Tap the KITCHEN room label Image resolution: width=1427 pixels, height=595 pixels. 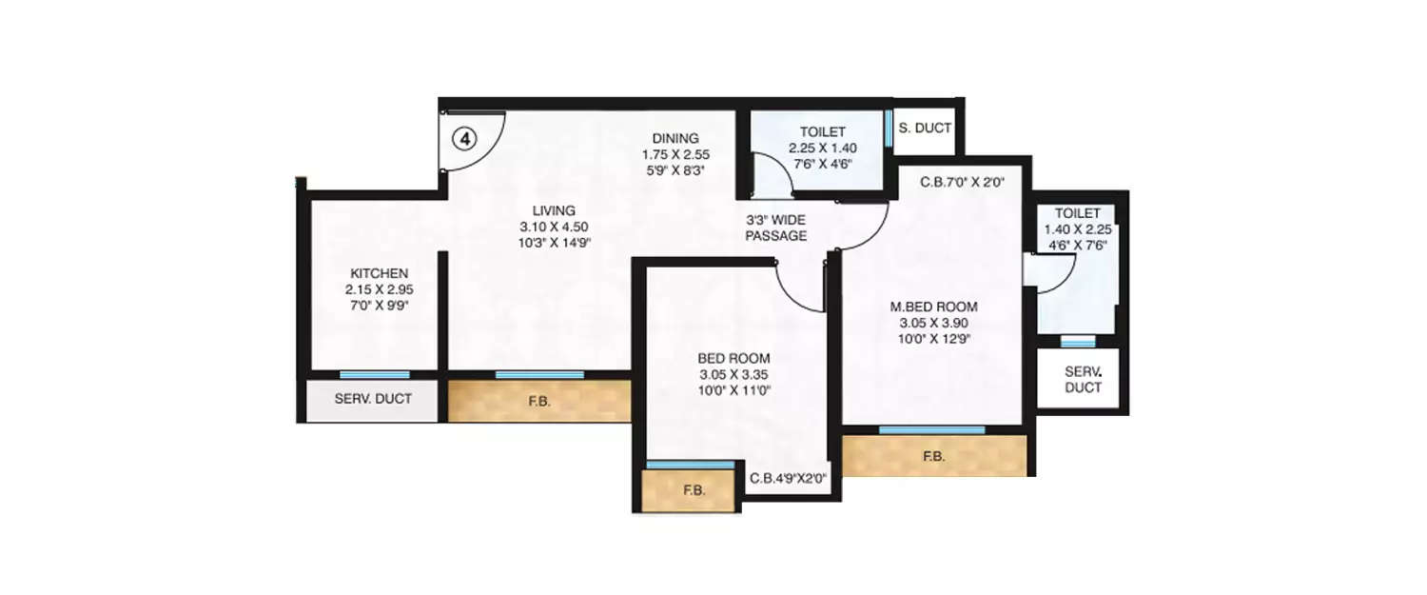[x=378, y=273]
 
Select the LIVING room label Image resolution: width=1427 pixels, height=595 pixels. [x=554, y=210]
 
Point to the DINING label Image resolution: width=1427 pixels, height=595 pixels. [x=675, y=137]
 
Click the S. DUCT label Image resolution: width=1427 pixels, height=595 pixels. [x=925, y=127]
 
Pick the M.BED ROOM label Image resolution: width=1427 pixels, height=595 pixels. [x=933, y=307]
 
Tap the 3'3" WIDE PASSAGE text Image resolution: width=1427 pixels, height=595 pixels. [x=776, y=228]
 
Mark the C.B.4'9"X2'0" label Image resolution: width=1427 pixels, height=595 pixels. [x=788, y=479]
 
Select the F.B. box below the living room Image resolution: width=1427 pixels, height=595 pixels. [x=539, y=402]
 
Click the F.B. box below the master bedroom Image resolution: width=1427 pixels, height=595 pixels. [x=934, y=456]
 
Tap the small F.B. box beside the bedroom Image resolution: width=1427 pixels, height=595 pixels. [x=693, y=491]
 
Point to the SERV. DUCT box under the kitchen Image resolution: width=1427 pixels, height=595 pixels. [x=373, y=399]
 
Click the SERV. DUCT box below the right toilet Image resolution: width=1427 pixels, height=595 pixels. [x=1083, y=379]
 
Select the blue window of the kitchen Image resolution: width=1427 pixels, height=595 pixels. [x=375, y=375]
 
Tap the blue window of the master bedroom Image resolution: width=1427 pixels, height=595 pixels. [x=931, y=429]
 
